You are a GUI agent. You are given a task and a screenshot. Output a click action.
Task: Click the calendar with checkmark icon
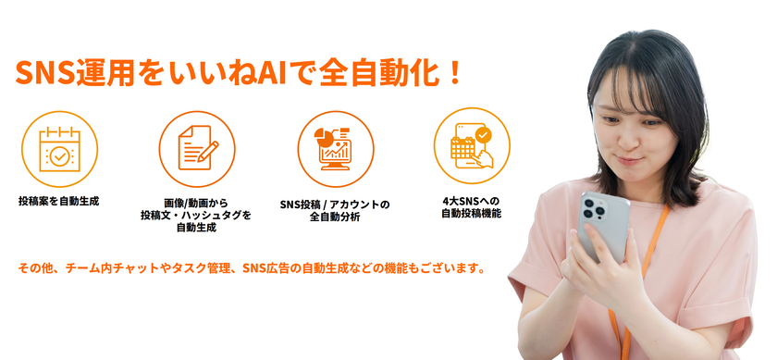tap(59, 149)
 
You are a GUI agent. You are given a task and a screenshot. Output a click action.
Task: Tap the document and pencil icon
tap(198, 148)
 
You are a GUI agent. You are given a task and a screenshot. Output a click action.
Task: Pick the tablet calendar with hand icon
tap(472, 146)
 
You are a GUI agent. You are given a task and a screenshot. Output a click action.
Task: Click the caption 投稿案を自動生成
tap(58, 202)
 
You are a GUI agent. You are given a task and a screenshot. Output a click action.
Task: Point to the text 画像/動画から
tap(196, 204)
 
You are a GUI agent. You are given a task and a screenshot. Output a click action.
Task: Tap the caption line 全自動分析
tap(335, 217)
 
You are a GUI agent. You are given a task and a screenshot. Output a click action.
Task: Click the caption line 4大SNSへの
tap(471, 202)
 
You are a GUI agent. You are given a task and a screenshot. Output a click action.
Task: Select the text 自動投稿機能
tap(471, 214)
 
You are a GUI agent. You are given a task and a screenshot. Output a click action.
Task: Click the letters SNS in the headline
tap(45, 73)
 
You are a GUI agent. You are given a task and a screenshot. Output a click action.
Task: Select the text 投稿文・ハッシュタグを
tap(196, 216)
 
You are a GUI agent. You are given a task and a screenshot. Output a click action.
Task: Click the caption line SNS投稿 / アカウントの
tap(335, 204)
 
